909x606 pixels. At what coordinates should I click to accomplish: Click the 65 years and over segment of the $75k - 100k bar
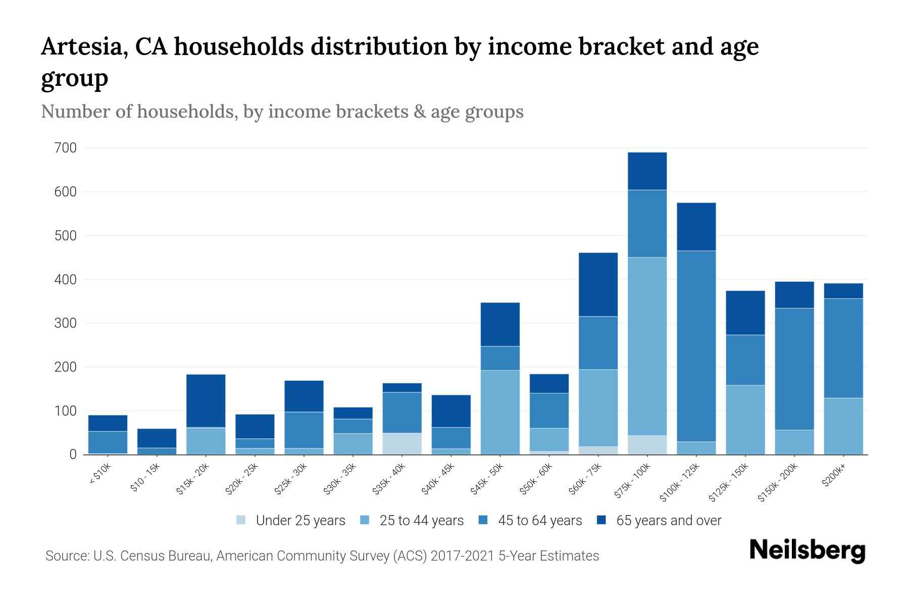(x=647, y=171)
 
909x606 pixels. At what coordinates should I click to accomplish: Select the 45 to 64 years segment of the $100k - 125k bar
(x=696, y=346)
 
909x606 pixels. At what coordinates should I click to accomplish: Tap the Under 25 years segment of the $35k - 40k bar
(x=402, y=443)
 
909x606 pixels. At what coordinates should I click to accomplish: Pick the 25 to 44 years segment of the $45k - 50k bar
(x=500, y=412)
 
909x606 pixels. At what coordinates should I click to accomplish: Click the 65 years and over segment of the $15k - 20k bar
(x=206, y=400)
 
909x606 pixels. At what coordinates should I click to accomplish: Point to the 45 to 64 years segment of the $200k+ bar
(x=843, y=348)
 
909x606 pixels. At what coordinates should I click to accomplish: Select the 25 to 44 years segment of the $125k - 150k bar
(x=745, y=420)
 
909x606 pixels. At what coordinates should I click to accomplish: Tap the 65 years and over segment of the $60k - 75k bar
(x=598, y=284)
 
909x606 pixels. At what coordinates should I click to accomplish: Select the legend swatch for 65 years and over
(x=601, y=520)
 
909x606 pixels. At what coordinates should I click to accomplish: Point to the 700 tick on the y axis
(x=66, y=148)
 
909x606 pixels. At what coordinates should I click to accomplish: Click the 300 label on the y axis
(x=66, y=323)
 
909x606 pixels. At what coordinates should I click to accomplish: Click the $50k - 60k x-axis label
(x=536, y=479)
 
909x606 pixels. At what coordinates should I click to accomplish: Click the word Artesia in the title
(x=80, y=47)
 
